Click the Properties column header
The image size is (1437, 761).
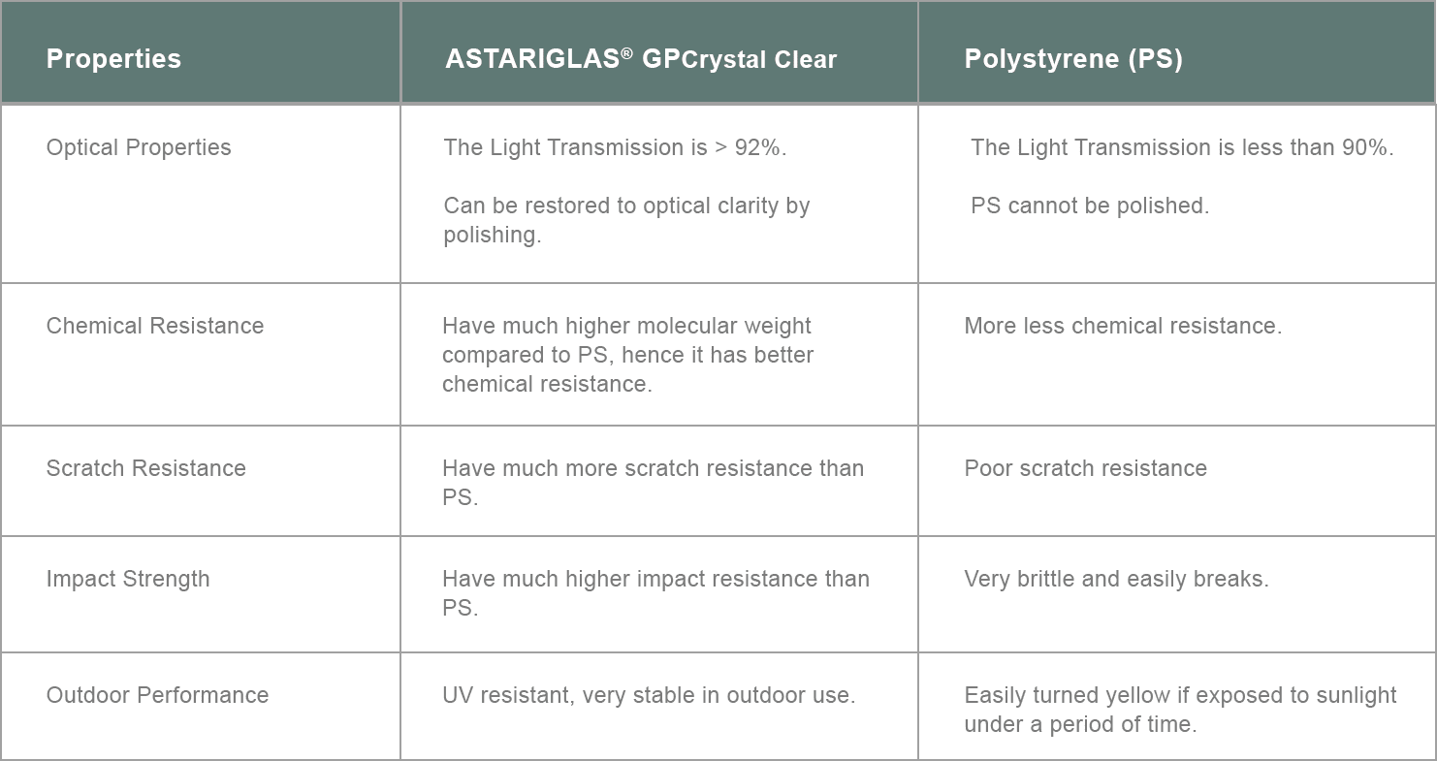pyautogui.click(x=113, y=59)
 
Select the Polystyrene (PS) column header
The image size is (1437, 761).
pyautogui.click(x=1073, y=59)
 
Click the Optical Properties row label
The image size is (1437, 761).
pyautogui.click(x=139, y=148)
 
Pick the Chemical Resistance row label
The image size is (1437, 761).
pyautogui.click(x=154, y=326)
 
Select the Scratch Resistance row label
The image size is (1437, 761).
pyautogui.click(x=145, y=468)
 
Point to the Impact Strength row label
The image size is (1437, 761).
pyautogui.click(x=128, y=579)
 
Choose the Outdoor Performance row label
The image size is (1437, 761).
pyautogui.click(x=157, y=695)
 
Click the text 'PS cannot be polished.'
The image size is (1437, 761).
pyautogui.click(x=1089, y=206)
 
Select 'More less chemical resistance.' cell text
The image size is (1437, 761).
pyautogui.click(x=1123, y=326)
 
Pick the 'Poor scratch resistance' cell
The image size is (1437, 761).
pyautogui.click(x=1085, y=468)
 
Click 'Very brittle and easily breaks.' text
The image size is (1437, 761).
pyautogui.click(x=1116, y=579)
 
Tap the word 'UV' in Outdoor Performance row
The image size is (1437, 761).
pyautogui.click(x=458, y=695)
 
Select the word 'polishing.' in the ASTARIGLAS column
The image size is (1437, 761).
pyautogui.click(x=492, y=236)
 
